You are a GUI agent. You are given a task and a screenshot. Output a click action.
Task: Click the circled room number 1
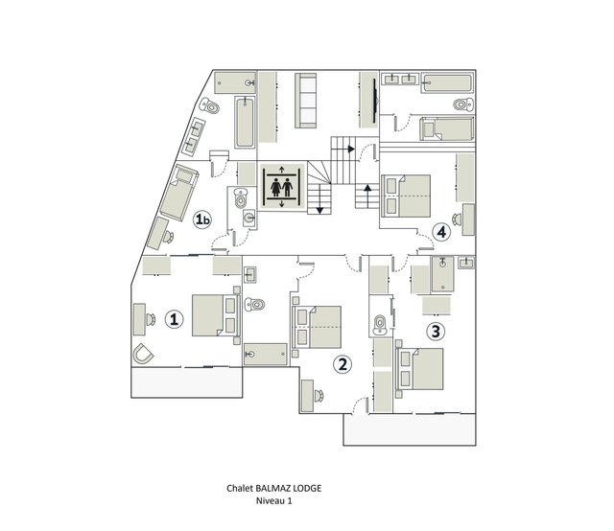pyautogui.click(x=175, y=319)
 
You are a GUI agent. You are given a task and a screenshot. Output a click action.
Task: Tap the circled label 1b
pyautogui.click(x=202, y=219)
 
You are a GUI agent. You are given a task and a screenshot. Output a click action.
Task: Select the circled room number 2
pyautogui.click(x=342, y=364)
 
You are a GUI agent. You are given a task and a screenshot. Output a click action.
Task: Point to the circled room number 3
pyautogui.click(x=436, y=332)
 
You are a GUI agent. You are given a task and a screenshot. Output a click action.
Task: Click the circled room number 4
pyautogui.click(x=441, y=232)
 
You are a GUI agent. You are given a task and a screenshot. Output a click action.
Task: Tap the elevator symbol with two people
pyautogui.click(x=282, y=188)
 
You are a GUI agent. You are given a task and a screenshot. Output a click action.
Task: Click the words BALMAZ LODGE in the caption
pyautogui.click(x=288, y=488)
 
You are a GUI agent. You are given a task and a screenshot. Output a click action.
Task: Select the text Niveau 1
pyautogui.click(x=274, y=500)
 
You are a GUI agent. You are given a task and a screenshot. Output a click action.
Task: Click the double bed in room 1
pyautogui.click(x=216, y=315)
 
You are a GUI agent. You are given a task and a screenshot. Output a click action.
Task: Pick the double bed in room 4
pyautogui.click(x=406, y=196)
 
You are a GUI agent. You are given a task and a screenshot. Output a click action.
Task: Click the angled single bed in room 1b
pyautogui.click(x=178, y=193)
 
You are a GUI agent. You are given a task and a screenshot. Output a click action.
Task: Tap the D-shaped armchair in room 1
pyautogui.click(x=143, y=354)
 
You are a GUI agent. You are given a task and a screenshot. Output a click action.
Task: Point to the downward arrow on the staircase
pyautogui.click(x=319, y=199)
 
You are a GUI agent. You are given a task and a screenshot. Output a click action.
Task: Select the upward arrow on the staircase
pyautogui.click(x=366, y=196)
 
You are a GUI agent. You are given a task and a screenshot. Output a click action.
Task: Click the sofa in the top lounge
pyautogui.click(x=305, y=101)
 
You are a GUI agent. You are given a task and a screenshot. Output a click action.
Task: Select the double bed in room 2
pyautogui.click(x=317, y=327)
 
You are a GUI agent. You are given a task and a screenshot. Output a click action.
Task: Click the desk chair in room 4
pyautogui.click(x=457, y=219)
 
